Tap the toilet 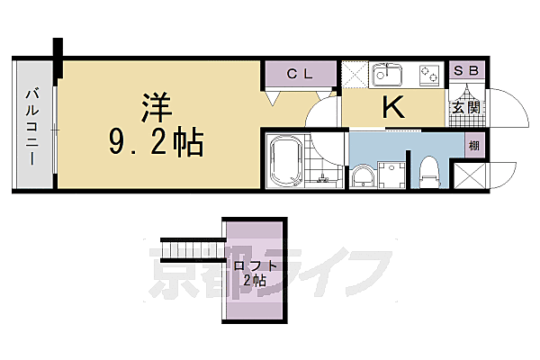tap(428, 169)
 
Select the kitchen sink tap(389, 74)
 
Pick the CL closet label tap(299, 73)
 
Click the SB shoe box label tap(467, 71)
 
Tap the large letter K tap(393, 108)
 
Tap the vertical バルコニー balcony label tap(31, 126)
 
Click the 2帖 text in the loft tap(254, 281)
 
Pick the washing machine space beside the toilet tap(391, 174)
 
